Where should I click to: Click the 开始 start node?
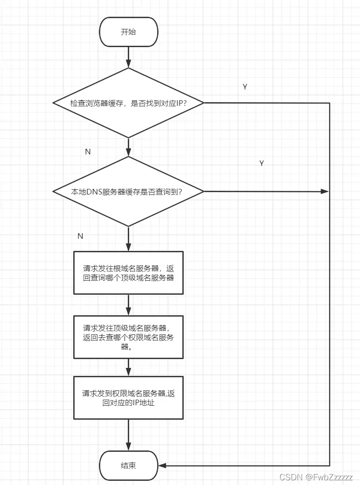pos(128,32)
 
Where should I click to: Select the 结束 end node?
pos(128,465)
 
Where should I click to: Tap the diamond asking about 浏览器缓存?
pos(128,103)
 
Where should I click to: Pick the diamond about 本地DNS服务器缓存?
pos(128,191)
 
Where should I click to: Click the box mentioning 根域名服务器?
pos(128,273)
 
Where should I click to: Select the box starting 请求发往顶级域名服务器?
pos(128,337)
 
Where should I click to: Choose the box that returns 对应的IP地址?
pos(128,398)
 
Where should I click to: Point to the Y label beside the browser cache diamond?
pos(245,87)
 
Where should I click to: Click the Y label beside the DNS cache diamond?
pos(262,163)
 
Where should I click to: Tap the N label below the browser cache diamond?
pos(88,152)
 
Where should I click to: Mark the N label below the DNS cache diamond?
pos(80,236)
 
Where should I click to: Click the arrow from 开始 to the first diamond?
pos(128,57)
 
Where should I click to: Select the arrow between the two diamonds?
pos(128,147)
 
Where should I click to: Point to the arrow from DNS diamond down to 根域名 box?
pos(128,239)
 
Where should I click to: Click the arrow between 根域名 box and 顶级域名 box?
pos(128,305)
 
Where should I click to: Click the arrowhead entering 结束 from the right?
pos(162,465)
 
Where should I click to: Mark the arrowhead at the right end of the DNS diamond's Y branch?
pos(325,191)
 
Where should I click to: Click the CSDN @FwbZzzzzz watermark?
pos(316,477)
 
